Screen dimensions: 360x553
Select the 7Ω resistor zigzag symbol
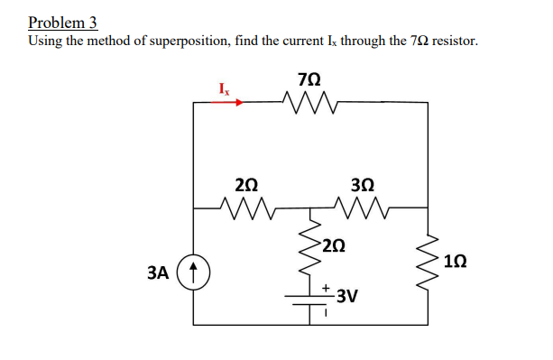(309, 102)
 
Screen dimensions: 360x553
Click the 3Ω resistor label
(359, 184)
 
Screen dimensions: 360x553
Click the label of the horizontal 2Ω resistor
(245, 184)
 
